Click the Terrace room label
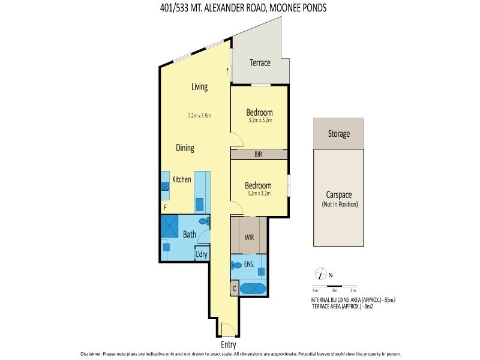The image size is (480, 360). pyautogui.click(x=260, y=63)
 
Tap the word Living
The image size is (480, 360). pyautogui.click(x=199, y=86)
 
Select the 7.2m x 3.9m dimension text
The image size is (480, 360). pyautogui.click(x=199, y=116)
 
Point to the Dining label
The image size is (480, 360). pyautogui.click(x=184, y=148)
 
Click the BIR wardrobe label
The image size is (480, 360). pyautogui.click(x=258, y=154)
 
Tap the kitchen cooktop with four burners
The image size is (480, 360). pyautogui.click(x=165, y=185)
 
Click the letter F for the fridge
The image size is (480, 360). pyautogui.click(x=165, y=207)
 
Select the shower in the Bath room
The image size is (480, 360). pyautogui.click(x=170, y=226)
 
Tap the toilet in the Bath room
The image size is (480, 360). pyautogui.click(x=204, y=223)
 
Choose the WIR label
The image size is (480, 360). pyautogui.click(x=250, y=237)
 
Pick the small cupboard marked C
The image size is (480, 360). pyautogui.click(x=235, y=287)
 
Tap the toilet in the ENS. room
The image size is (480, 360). pyautogui.click(x=236, y=265)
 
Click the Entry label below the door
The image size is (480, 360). pyautogui.click(x=228, y=345)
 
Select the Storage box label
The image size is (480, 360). pyautogui.click(x=338, y=134)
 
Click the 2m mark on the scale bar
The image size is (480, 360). pyautogui.click(x=334, y=290)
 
